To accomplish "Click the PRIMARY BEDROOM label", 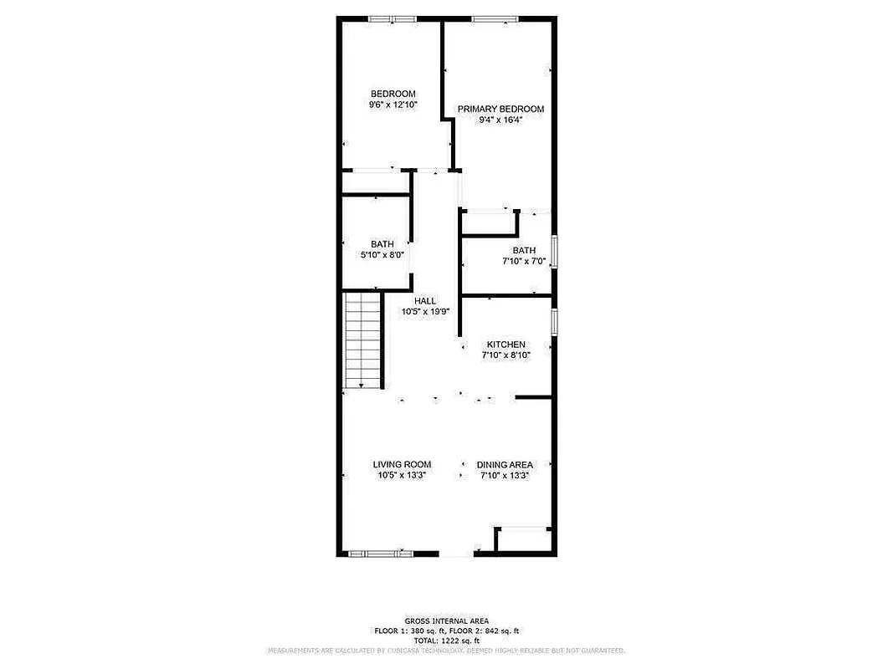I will (500, 109).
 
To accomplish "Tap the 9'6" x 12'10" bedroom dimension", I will (393, 105).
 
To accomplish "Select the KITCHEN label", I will (506, 345).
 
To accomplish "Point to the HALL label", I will (425, 301).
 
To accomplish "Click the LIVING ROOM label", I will (402, 464).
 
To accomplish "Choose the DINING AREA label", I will (505, 465).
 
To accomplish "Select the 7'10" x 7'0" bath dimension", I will (524, 261).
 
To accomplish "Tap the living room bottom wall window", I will (381, 553).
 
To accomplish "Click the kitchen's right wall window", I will (554, 323).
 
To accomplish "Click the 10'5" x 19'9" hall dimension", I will (425, 312).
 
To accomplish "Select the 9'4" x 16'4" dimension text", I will (500, 120).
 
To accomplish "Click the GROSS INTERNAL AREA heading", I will (445, 620).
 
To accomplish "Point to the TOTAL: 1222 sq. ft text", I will (446, 640).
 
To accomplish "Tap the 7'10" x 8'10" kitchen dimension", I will (506, 355).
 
